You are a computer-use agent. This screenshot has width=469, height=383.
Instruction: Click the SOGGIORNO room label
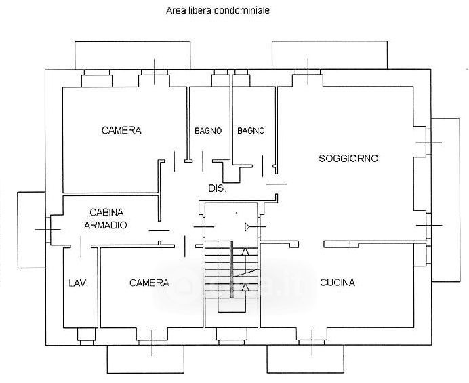click(348, 158)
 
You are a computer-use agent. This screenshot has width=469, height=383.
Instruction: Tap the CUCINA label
click(338, 283)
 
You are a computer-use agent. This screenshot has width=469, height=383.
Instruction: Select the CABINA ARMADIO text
click(106, 219)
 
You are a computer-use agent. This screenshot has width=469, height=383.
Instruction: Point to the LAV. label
click(79, 283)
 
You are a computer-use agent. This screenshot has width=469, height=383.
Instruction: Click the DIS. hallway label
click(218, 188)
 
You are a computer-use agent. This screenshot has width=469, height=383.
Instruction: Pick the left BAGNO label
click(208, 131)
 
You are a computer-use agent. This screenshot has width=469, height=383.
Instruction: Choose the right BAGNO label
click(251, 131)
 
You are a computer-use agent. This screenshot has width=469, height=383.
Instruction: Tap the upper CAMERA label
click(121, 130)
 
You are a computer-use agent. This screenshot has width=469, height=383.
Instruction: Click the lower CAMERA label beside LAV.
click(149, 283)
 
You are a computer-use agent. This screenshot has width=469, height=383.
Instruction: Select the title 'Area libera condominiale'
click(218, 11)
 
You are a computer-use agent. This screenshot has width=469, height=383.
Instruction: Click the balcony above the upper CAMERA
click(132, 56)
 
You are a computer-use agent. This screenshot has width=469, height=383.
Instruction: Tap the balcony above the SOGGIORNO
click(329, 55)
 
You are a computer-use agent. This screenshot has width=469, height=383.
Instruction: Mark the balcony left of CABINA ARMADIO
click(31, 230)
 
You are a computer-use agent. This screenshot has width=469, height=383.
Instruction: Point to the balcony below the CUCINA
click(306, 359)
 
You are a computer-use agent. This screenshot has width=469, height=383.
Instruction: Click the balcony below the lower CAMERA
click(146, 359)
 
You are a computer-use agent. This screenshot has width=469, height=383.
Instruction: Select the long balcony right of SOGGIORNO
click(445, 200)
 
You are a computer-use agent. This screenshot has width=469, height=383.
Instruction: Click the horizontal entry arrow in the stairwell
click(256, 227)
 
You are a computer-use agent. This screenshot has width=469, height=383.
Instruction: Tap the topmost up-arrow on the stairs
click(245, 251)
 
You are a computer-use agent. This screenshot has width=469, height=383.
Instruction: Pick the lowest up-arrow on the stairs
click(245, 288)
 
